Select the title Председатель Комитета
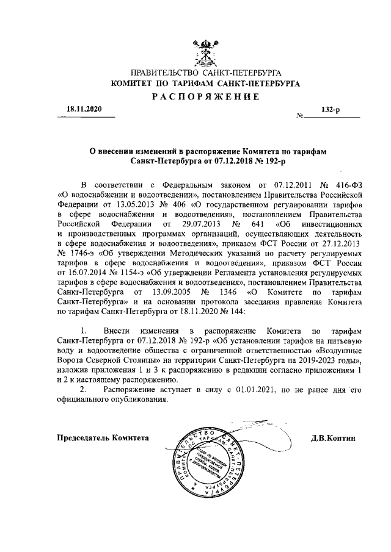point(103,439)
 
